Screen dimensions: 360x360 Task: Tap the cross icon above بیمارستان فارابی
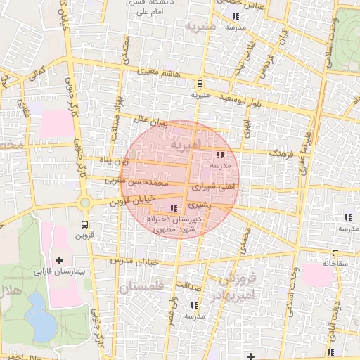click(58, 260)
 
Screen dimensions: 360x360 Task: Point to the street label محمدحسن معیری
click(137, 182)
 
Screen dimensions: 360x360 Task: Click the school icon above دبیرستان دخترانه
click(174, 208)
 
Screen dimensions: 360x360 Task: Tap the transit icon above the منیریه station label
click(200, 83)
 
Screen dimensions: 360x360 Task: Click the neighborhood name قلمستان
click(141, 288)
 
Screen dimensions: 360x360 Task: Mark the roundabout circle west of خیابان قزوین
click(85, 202)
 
